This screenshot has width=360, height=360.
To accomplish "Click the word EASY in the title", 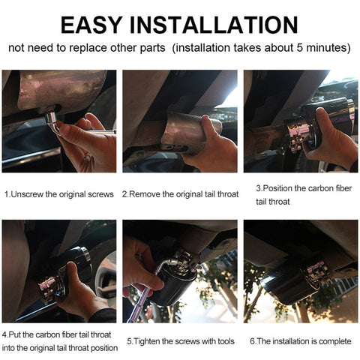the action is (91, 25).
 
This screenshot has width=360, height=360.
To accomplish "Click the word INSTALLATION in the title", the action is (214, 25).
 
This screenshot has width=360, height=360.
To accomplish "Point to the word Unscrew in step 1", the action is (27, 194).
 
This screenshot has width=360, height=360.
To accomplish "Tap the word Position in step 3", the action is (277, 188).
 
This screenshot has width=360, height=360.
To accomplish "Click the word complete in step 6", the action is (335, 341).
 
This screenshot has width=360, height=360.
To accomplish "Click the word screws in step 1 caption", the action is (100, 194).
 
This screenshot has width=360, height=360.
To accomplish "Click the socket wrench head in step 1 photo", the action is (52, 118).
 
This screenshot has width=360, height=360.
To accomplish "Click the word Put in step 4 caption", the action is (15, 335).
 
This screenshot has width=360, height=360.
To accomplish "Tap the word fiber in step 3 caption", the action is (342, 188).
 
